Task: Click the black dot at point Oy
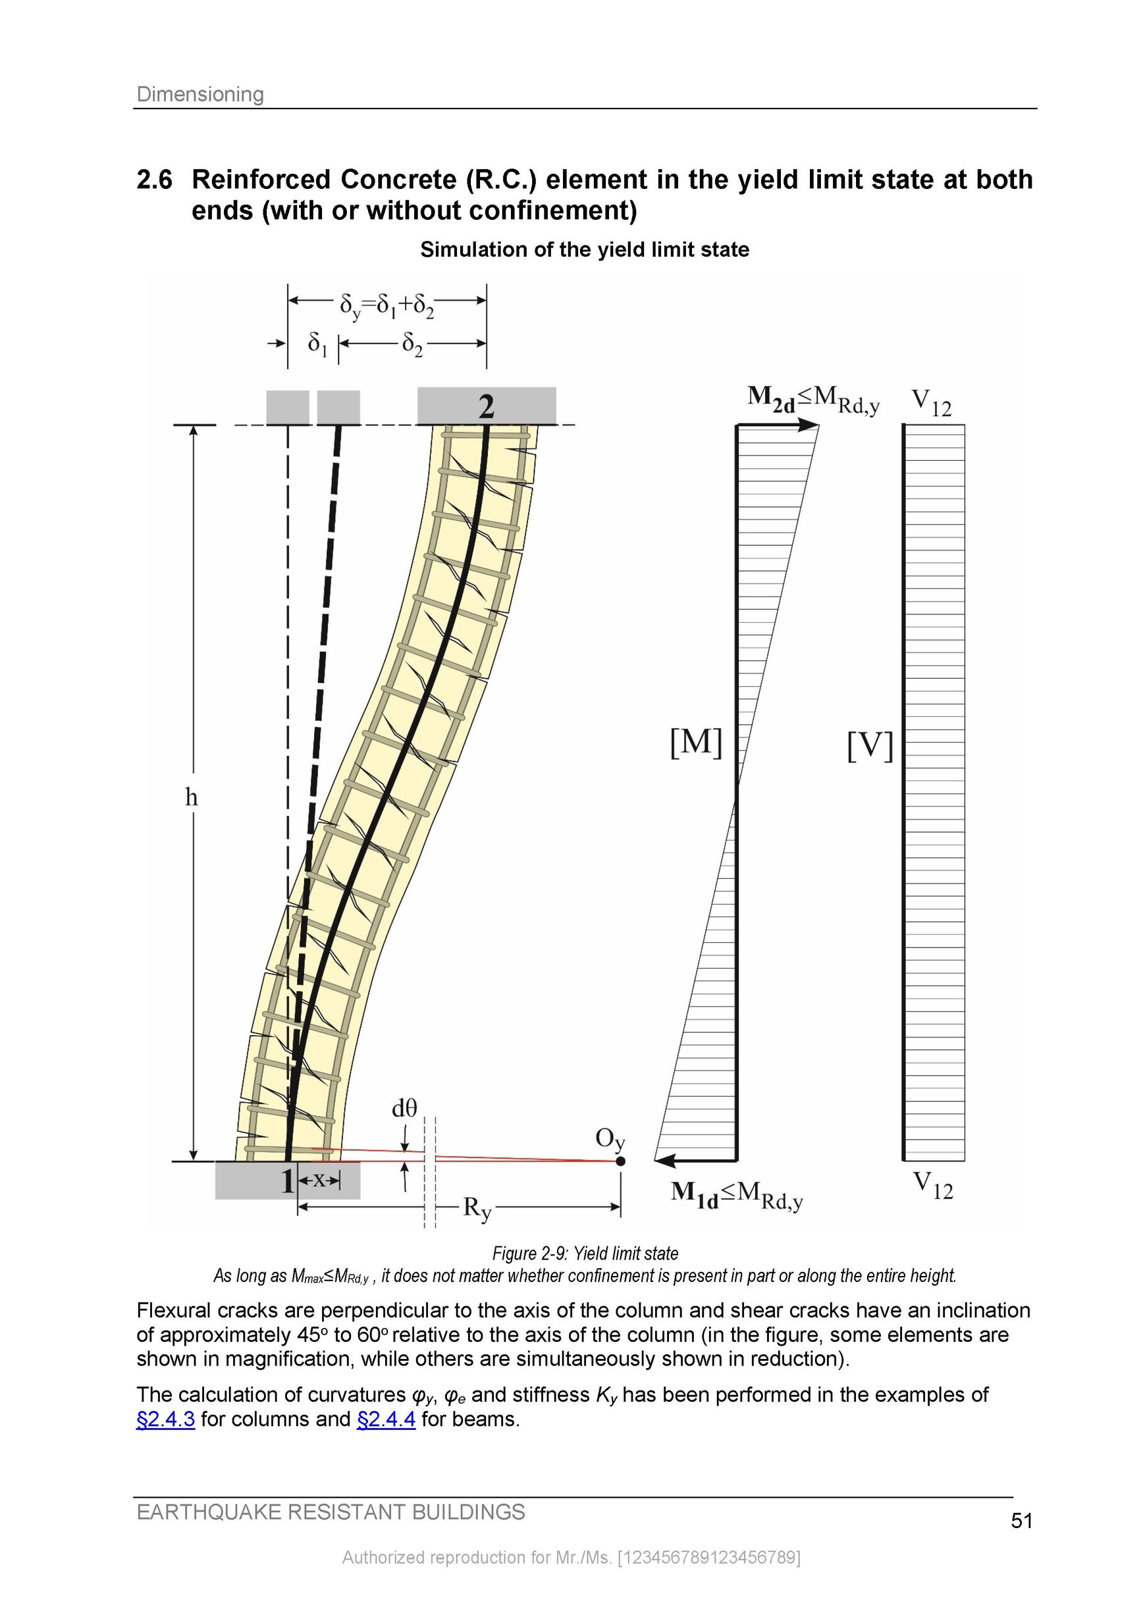pyautogui.click(x=620, y=1161)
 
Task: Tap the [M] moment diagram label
pyautogui.click(x=696, y=743)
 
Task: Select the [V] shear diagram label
pyautogui.click(x=870, y=746)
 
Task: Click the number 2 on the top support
pyautogui.click(x=486, y=407)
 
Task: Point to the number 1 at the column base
pyautogui.click(x=286, y=1181)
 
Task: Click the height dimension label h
pyautogui.click(x=191, y=797)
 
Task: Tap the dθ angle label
pyautogui.click(x=404, y=1109)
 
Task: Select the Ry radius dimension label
pyautogui.click(x=477, y=1209)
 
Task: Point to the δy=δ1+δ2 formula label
pyautogui.click(x=386, y=305)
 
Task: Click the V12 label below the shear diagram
pyautogui.click(x=932, y=1185)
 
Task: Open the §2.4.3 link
pyautogui.click(x=165, y=1418)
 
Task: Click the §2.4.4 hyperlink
pyautogui.click(x=386, y=1418)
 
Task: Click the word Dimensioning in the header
pyautogui.click(x=200, y=93)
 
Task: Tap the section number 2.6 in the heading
pyautogui.click(x=154, y=180)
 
